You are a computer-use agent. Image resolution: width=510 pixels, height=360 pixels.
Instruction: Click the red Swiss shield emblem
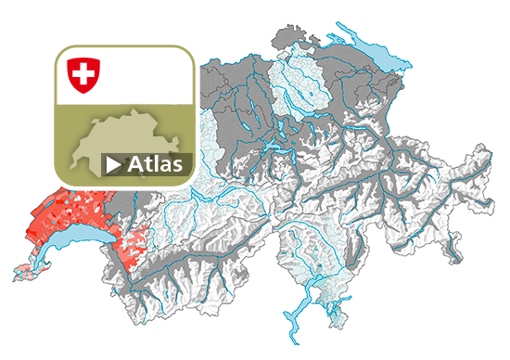pos(83,74)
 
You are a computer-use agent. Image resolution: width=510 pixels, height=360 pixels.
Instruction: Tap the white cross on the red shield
pos(83,72)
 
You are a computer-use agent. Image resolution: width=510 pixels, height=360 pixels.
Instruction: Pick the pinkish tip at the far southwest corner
pos(23,272)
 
